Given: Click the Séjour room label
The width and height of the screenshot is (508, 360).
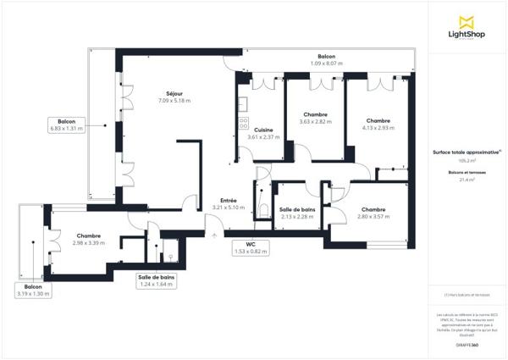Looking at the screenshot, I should click(174, 93).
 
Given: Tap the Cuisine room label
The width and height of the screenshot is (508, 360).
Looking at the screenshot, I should click(262, 130).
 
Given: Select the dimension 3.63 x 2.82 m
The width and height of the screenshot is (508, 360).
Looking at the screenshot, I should click(315, 122).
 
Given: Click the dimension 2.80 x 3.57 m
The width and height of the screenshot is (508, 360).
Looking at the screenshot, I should click(373, 217).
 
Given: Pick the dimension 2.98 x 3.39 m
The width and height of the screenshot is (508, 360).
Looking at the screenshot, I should click(89, 243).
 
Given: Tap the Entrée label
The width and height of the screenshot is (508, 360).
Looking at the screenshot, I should click(228, 200).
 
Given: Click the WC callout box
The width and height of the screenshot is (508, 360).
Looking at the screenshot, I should click(251, 248).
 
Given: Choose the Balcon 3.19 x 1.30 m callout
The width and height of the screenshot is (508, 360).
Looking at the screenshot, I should click(34, 291).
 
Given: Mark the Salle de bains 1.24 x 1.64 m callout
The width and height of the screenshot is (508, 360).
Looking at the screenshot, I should click(157, 281).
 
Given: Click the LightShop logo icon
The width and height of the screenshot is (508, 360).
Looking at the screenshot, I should click(466, 22).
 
